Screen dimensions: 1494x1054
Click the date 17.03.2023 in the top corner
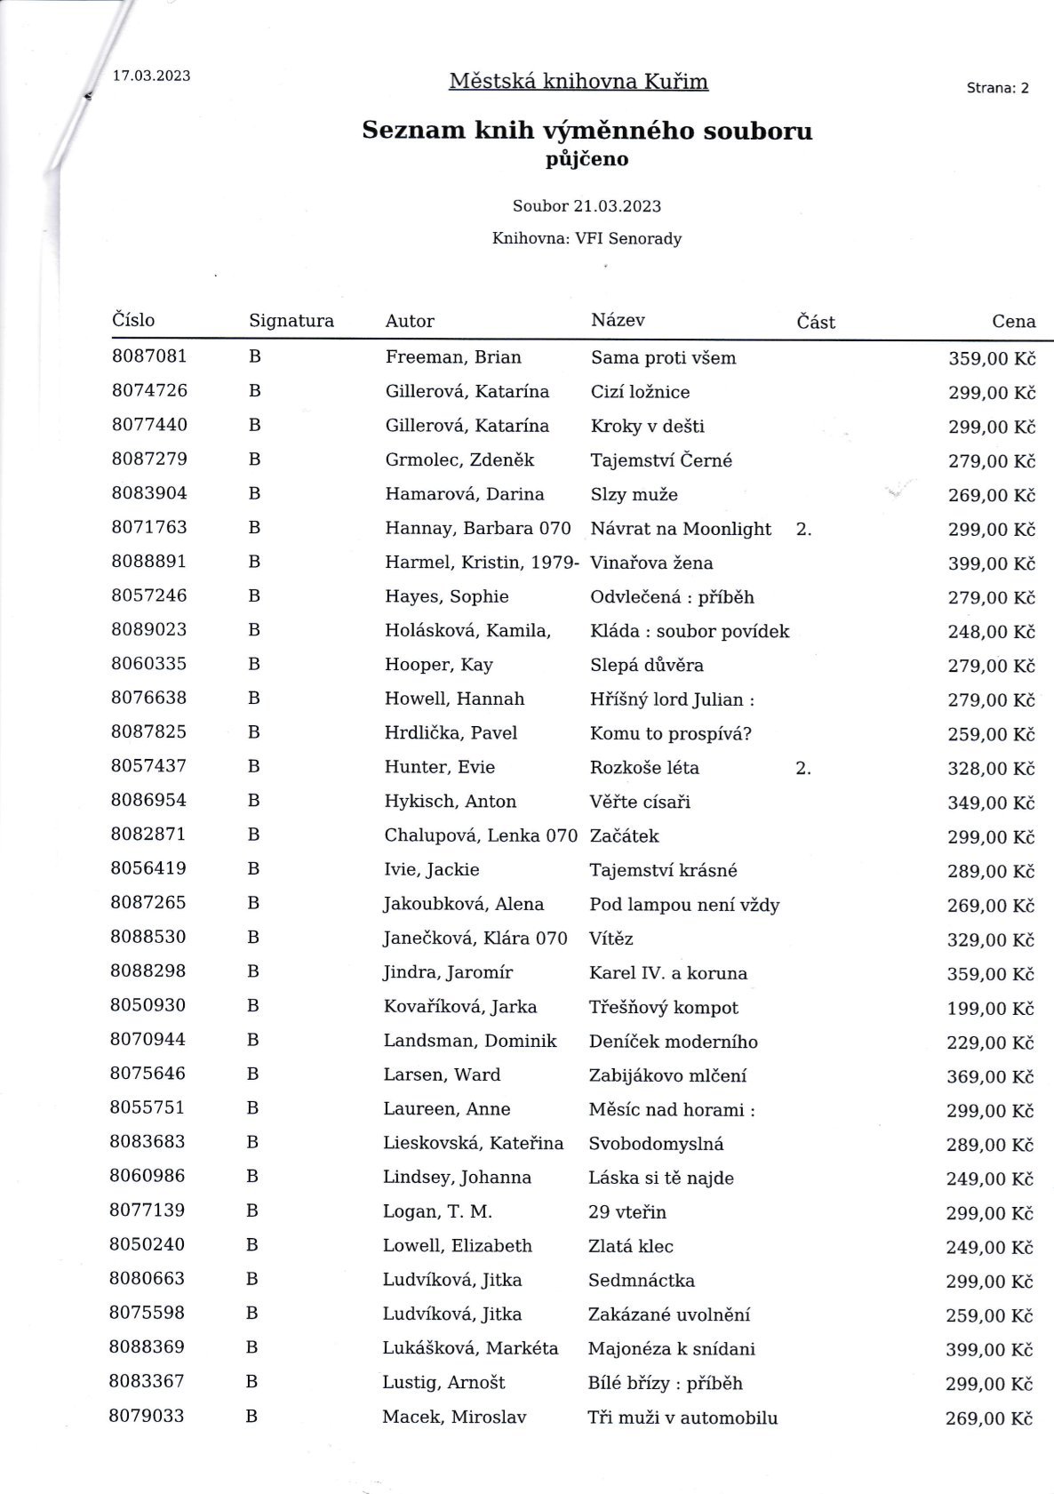[151, 76]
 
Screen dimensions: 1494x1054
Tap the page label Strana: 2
[997, 88]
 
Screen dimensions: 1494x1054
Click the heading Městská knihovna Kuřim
[579, 82]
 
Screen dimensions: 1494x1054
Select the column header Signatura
[291, 321]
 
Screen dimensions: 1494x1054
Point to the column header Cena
[1013, 322]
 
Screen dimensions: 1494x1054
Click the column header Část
[816, 322]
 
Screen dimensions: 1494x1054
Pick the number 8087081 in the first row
[149, 356]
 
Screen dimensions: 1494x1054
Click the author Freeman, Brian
[453, 357]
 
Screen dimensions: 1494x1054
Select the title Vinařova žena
[651, 563]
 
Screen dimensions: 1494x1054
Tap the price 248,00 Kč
[991, 632]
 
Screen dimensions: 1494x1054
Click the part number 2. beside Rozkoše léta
[803, 768]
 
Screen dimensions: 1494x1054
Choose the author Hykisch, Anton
[450, 802]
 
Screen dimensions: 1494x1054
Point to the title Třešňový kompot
[663, 1007]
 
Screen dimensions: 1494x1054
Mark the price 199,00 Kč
[990, 1009]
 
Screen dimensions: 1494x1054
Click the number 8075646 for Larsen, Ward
[148, 1074]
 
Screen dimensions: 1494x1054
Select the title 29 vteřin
[627, 1212]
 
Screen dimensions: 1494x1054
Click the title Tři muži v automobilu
[683, 1418]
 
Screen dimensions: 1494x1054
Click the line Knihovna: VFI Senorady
[587, 238]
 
